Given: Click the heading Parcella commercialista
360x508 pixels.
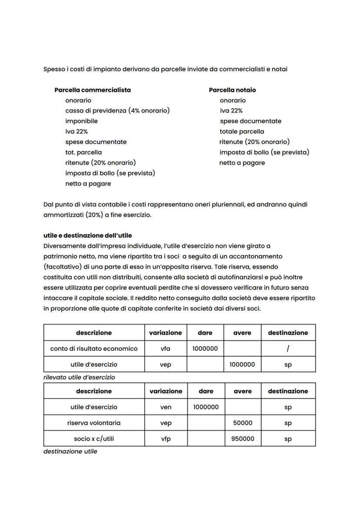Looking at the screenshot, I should tap(92, 90).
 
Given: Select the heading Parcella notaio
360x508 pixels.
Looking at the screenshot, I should tap(232, 90).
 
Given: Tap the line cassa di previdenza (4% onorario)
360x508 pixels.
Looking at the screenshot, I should tap(117, 110).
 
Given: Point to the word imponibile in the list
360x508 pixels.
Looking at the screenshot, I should tap(81, 121).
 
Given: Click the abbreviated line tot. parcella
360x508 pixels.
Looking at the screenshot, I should tap(83, 152).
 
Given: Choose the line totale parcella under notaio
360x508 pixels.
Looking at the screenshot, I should tap(242, 131).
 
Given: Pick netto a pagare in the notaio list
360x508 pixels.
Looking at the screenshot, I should tap(242, 163).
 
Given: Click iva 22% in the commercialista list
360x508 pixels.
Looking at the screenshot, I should tap(77, 131).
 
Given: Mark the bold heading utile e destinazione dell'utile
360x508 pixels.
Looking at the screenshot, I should tap(87, 236).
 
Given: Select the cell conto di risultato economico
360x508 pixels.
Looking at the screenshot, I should tap(94, 349).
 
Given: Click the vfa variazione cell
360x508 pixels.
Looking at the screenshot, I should tap(166, 349).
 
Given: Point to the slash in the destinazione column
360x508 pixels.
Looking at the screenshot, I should tap(288, 349).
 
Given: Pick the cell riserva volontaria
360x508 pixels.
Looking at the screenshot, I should tap(94, 423).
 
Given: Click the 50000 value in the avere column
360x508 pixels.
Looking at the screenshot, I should tap(242, 423).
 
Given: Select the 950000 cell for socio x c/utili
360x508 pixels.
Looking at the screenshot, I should tap(242, 438).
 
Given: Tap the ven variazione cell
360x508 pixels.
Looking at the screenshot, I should tap(166, 407).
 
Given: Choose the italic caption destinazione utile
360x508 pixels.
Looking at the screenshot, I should tap(70, 452).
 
